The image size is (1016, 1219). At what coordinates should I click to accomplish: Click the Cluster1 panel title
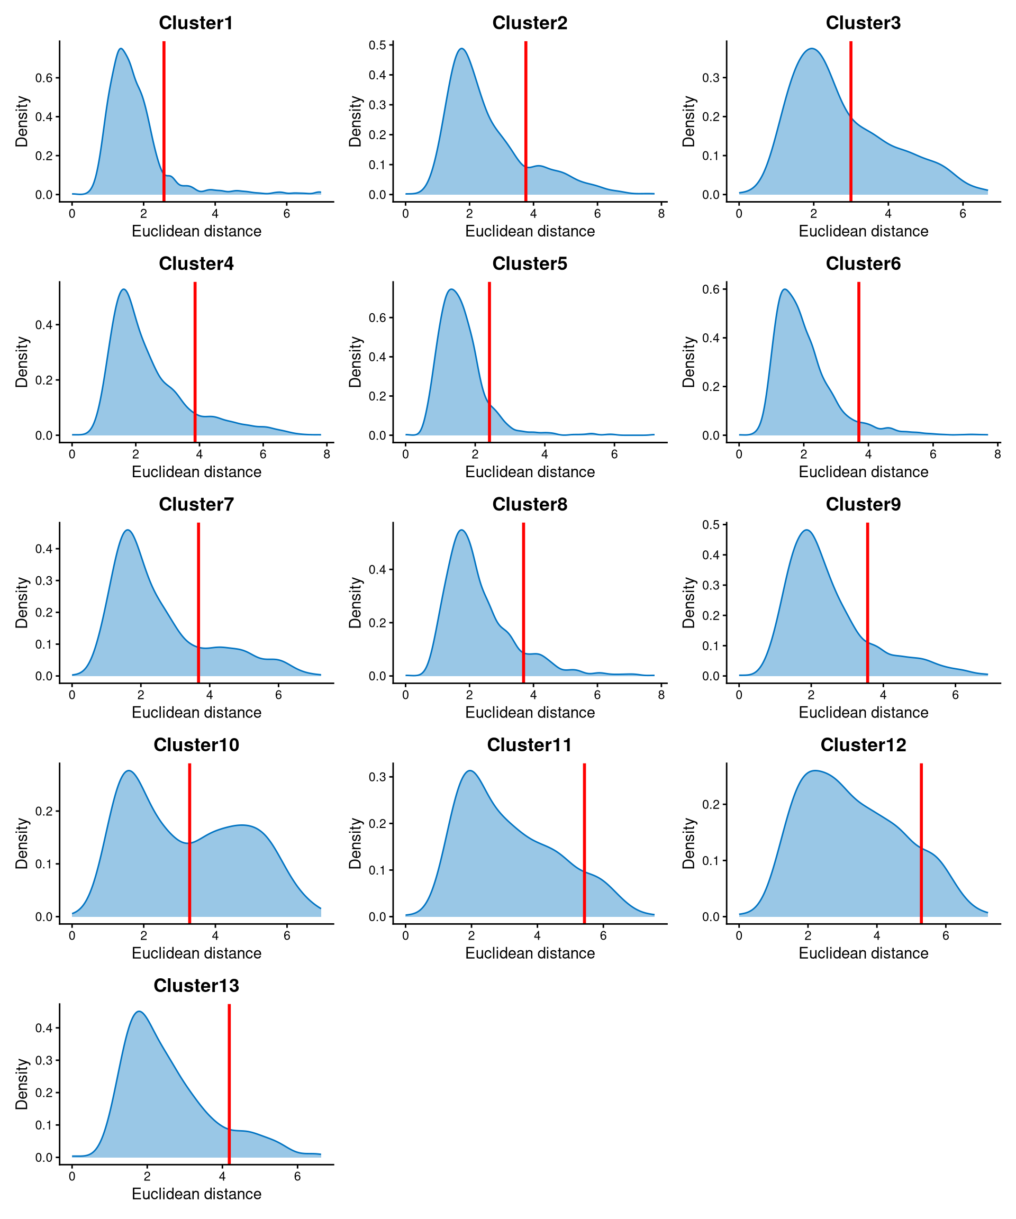coord(196,23)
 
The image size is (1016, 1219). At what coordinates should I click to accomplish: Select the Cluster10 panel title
coord(196,745)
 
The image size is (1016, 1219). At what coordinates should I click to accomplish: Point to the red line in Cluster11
coord(584,842)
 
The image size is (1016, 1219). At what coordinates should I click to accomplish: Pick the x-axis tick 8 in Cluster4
coord(327,454)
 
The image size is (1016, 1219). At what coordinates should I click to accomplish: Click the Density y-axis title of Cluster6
coord(688,362)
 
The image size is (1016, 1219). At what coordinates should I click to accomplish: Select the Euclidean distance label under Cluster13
coord(196,1194)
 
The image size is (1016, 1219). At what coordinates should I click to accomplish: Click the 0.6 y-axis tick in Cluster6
coord(711,289)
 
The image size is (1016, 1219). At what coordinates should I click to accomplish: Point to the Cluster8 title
coord(530,504)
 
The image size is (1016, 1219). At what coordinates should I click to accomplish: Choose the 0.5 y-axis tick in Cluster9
coord(711,525)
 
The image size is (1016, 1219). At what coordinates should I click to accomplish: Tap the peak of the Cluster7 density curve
coord(128,530)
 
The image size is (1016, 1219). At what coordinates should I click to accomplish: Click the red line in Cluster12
coord(921,842)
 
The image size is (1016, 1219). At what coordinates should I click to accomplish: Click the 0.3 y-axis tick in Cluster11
coord(377,777)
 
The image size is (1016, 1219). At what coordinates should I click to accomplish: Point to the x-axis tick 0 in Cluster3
coord(739,214)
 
